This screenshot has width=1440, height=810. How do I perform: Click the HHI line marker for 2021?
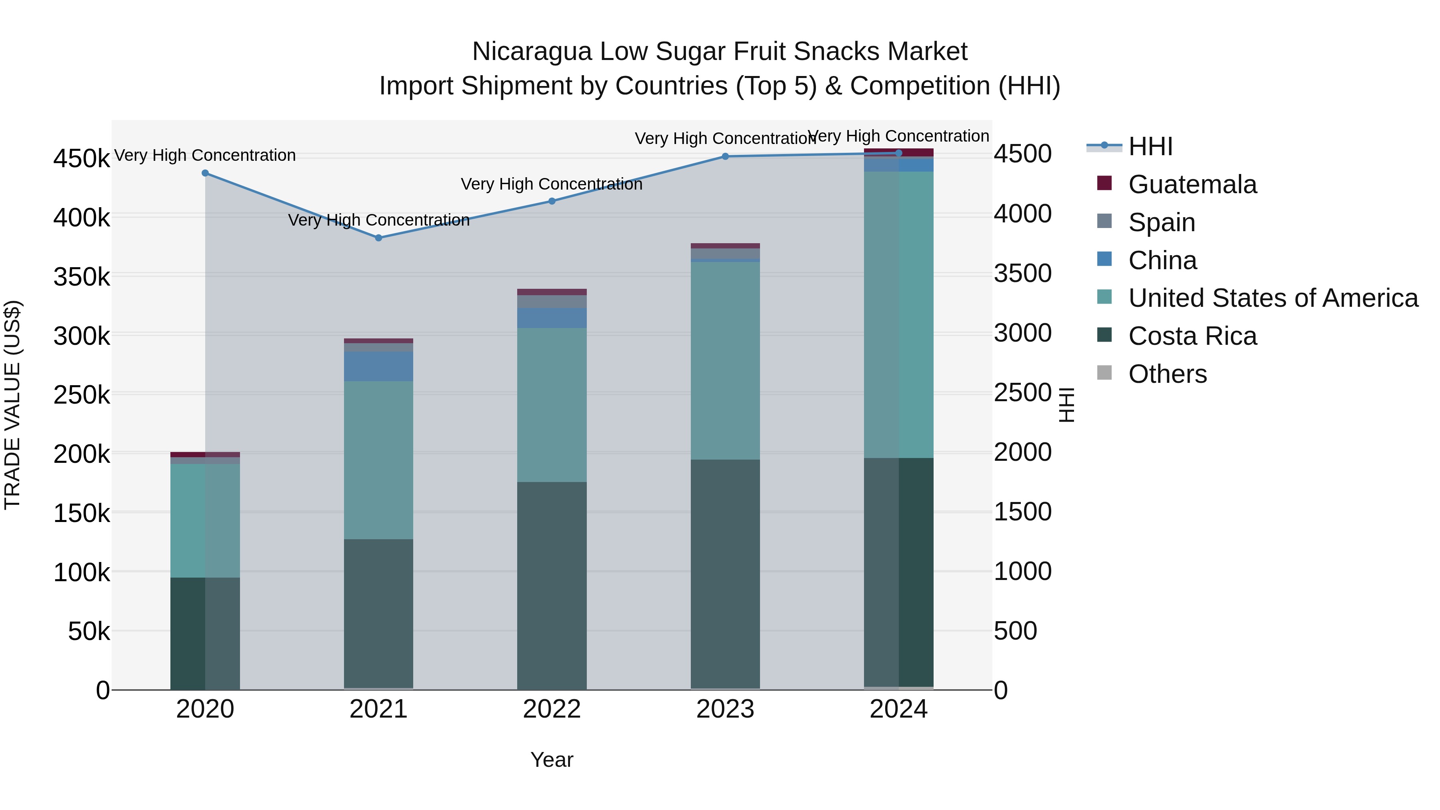(378, 238)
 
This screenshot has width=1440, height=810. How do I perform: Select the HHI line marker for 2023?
(725, 156)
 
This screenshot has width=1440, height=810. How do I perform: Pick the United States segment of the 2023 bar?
(725, 360)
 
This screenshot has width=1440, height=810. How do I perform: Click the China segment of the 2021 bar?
(378, 366)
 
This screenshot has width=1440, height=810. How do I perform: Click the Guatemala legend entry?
(1192, 184)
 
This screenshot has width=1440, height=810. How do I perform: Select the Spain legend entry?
(1162, 222)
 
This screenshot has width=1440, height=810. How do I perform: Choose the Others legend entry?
(1167, 374)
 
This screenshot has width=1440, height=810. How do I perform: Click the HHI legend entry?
(1150, 146)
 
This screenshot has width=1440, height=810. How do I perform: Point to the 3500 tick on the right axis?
(1022, 274)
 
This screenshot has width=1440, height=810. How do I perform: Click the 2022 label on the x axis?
(552, 709)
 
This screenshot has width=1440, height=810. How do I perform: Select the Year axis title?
(552, 760)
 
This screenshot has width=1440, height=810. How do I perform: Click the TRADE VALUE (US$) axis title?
(12, 405)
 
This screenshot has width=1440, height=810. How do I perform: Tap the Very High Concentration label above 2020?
(204, 156)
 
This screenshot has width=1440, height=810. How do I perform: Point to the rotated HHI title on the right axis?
(1066, 405)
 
